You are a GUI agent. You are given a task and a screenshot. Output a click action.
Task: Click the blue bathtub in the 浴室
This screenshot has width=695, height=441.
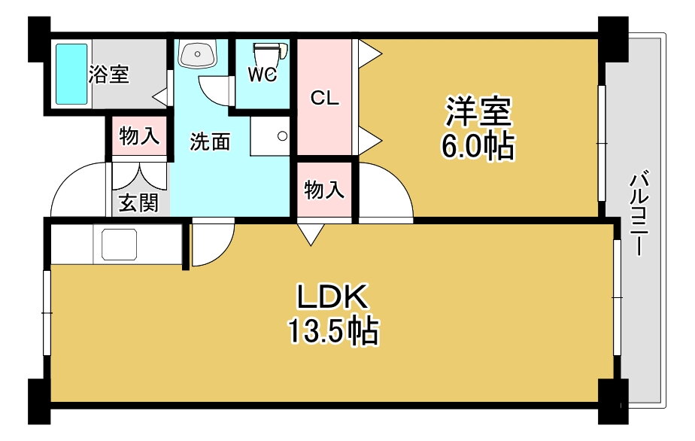tap(71, 74)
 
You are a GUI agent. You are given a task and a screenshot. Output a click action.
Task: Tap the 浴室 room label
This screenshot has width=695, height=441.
tap(109, 74)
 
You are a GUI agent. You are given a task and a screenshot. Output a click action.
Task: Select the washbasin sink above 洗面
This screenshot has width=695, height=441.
tap(198, 53)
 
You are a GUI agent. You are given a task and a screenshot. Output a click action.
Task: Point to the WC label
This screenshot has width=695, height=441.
tap(263, 75)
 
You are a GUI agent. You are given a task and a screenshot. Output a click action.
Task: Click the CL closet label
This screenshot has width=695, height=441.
tap(325, 98)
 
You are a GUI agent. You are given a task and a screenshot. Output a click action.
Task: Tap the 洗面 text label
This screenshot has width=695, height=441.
tap(210, 141)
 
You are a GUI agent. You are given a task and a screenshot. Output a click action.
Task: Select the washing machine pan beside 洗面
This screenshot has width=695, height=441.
tap(270, 135)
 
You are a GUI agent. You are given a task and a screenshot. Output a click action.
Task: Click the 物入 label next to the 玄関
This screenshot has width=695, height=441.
tap(139, 135)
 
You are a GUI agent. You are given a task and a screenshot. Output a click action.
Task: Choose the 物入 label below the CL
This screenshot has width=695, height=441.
tap(324, 190)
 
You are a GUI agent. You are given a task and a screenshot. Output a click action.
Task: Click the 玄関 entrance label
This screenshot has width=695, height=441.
tap(138, 204)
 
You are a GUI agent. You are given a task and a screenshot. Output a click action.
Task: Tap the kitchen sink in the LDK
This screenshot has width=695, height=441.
tap(120, 245)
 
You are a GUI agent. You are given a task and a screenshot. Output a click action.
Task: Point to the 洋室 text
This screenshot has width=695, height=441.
tap(478, 111)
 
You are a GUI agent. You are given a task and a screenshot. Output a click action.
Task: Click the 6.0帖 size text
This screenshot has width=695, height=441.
tap(478, 147)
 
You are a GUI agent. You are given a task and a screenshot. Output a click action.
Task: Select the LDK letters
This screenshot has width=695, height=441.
tap(332, 297)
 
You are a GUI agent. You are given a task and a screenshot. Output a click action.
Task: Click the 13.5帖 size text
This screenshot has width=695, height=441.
tap(334, 330)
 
